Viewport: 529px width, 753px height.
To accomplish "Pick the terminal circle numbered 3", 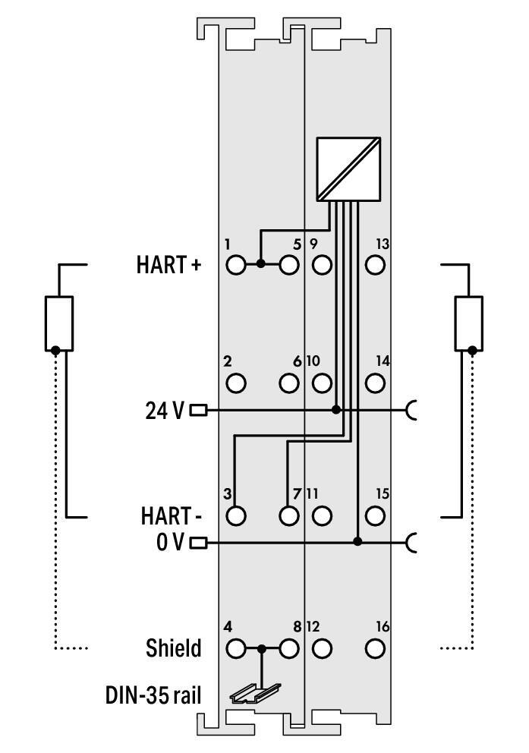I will pyautogui.click(x=236, y=516).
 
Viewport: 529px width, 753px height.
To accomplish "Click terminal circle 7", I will pyautogui.click(x=288, y=516).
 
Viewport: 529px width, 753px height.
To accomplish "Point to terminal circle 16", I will pyautogui.click(x=374, y=649).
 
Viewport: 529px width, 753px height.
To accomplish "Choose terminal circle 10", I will pyautogui.click(x=322, y=383).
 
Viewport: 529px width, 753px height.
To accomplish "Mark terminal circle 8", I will pyautogui.click(x=288, y=649).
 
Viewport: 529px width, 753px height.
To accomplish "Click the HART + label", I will pyautogui.click(x=169, y=265).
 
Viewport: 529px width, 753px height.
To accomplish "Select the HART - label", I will pyautogui.click(x=170, y=517).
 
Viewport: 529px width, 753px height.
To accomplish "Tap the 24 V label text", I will pyautogui.click(x=164, y=411).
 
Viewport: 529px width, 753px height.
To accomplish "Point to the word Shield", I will pyautogui.click(x=174, y=649).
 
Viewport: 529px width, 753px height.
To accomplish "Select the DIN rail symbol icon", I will pyautogui.click(x=255, y=691).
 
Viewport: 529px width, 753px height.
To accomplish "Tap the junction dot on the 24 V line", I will pyautogui.click(x=336, y=410).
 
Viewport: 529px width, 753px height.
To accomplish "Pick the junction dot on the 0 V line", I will pyautogui.click(x=357, y=542).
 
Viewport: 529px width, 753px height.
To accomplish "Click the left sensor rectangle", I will pyautogui.click(x=58, y=323).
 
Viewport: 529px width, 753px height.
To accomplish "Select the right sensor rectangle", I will pyautogui.click(x=468, y=323).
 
